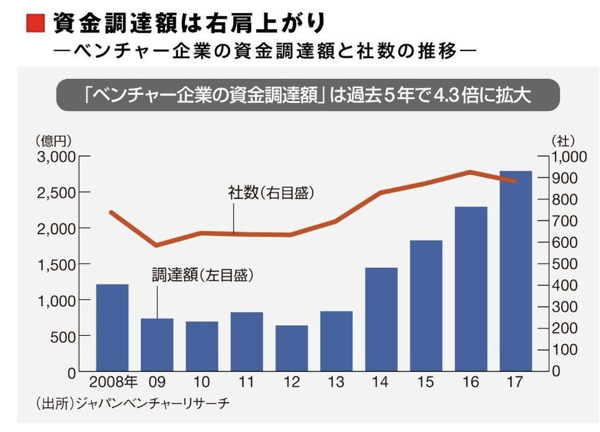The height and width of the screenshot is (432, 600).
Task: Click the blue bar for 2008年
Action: [x=112, y=328]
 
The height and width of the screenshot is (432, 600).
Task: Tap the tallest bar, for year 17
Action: [x=516, y=271]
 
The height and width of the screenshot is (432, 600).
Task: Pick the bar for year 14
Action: [x=381, y=320]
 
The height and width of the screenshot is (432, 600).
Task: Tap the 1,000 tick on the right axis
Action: [x=569, y=157]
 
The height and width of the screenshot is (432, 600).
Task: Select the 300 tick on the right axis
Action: [x=564, y=307]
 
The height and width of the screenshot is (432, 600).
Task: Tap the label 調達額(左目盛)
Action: [x=206, y=275]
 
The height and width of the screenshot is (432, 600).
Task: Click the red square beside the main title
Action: [x=35, y=24]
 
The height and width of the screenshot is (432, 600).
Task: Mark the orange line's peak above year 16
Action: [x=471, y=172]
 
